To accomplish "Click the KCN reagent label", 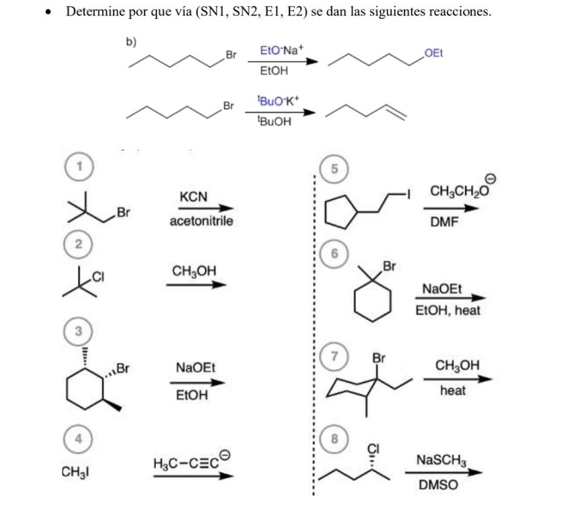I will pos(193,197).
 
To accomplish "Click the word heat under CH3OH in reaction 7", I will pos(453,391).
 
